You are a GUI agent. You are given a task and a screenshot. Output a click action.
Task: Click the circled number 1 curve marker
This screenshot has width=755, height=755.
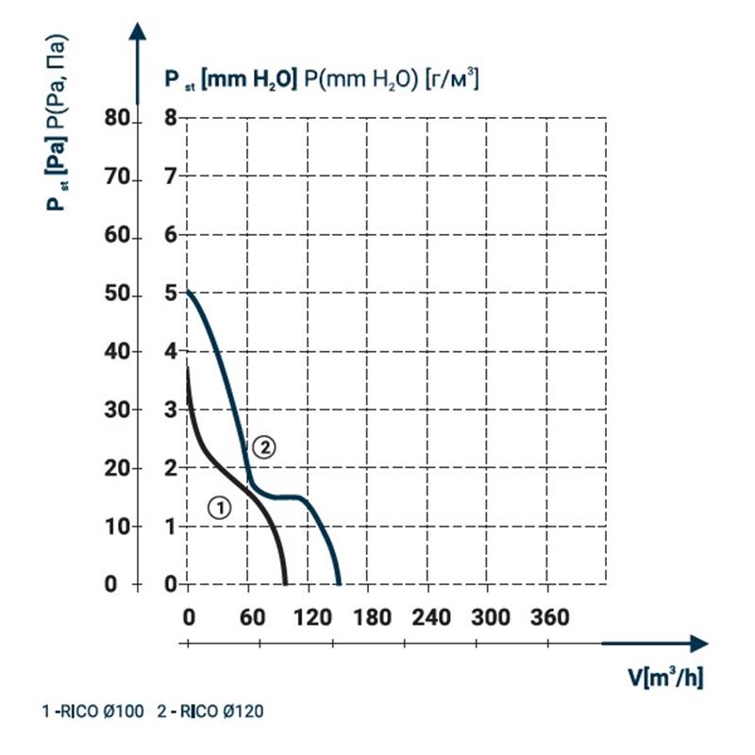(x=218, y=508)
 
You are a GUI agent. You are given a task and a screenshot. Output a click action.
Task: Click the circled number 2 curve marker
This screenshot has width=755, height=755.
(x=265, y=447)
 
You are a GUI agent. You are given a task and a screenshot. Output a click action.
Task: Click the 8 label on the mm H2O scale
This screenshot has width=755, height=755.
(x=171, y=118)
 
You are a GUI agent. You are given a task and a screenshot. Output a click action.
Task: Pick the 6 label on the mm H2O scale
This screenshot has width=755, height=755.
(x=171, y=234)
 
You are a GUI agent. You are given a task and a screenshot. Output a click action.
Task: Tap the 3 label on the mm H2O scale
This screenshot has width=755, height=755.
(x=171, y=410)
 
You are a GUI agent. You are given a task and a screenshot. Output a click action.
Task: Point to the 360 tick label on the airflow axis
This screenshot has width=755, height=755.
(x=549, y=617)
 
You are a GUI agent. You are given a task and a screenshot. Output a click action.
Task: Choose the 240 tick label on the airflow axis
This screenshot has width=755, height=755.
(x=429, y=617)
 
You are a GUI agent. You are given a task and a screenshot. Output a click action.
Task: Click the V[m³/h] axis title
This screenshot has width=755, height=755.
(x=666, y=678)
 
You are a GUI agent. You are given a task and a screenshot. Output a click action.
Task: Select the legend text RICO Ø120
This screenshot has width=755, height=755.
(x=220, y=712)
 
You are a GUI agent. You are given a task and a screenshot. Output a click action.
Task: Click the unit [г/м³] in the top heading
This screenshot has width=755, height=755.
(x=452, y=80)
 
